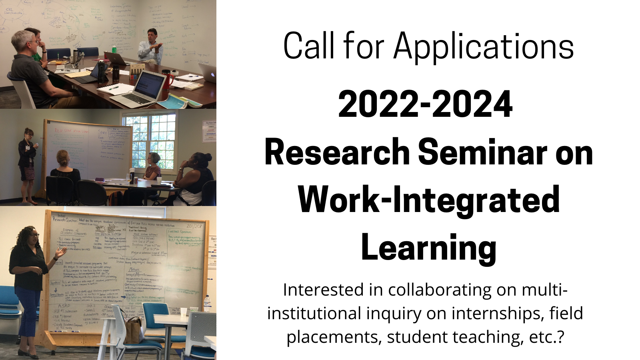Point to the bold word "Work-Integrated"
[429, 200]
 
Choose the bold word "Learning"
[428, 248]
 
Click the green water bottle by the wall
[114, 49]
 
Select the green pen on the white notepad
[114, 88]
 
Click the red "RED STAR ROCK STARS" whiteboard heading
[71, 131]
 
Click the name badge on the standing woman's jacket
[28, 148]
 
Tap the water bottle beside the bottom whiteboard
[207, 304]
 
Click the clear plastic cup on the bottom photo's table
[183, 312]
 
